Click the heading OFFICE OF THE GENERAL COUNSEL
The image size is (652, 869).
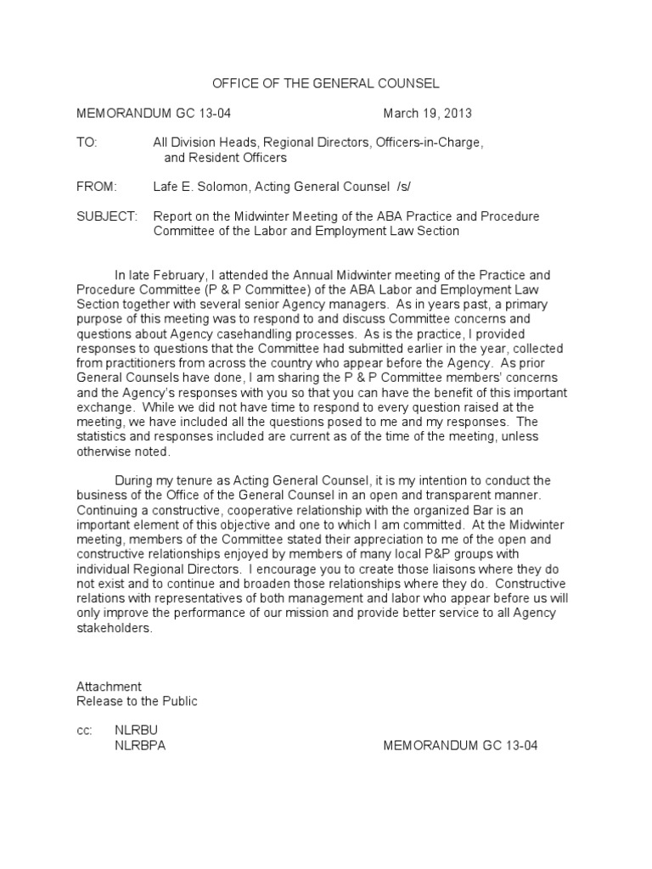(x=325, y=83)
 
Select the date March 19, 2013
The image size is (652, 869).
(x=427, y=113)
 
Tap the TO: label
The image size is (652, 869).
(x=87, y=143)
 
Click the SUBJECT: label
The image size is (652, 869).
(x=106, y=216)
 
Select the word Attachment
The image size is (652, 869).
(x=109, y=687)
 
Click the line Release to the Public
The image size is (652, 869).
(x=137, y=701)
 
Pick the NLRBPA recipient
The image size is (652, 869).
(x=146, y=745)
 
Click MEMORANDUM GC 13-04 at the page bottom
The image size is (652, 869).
(x=460, y=745)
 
